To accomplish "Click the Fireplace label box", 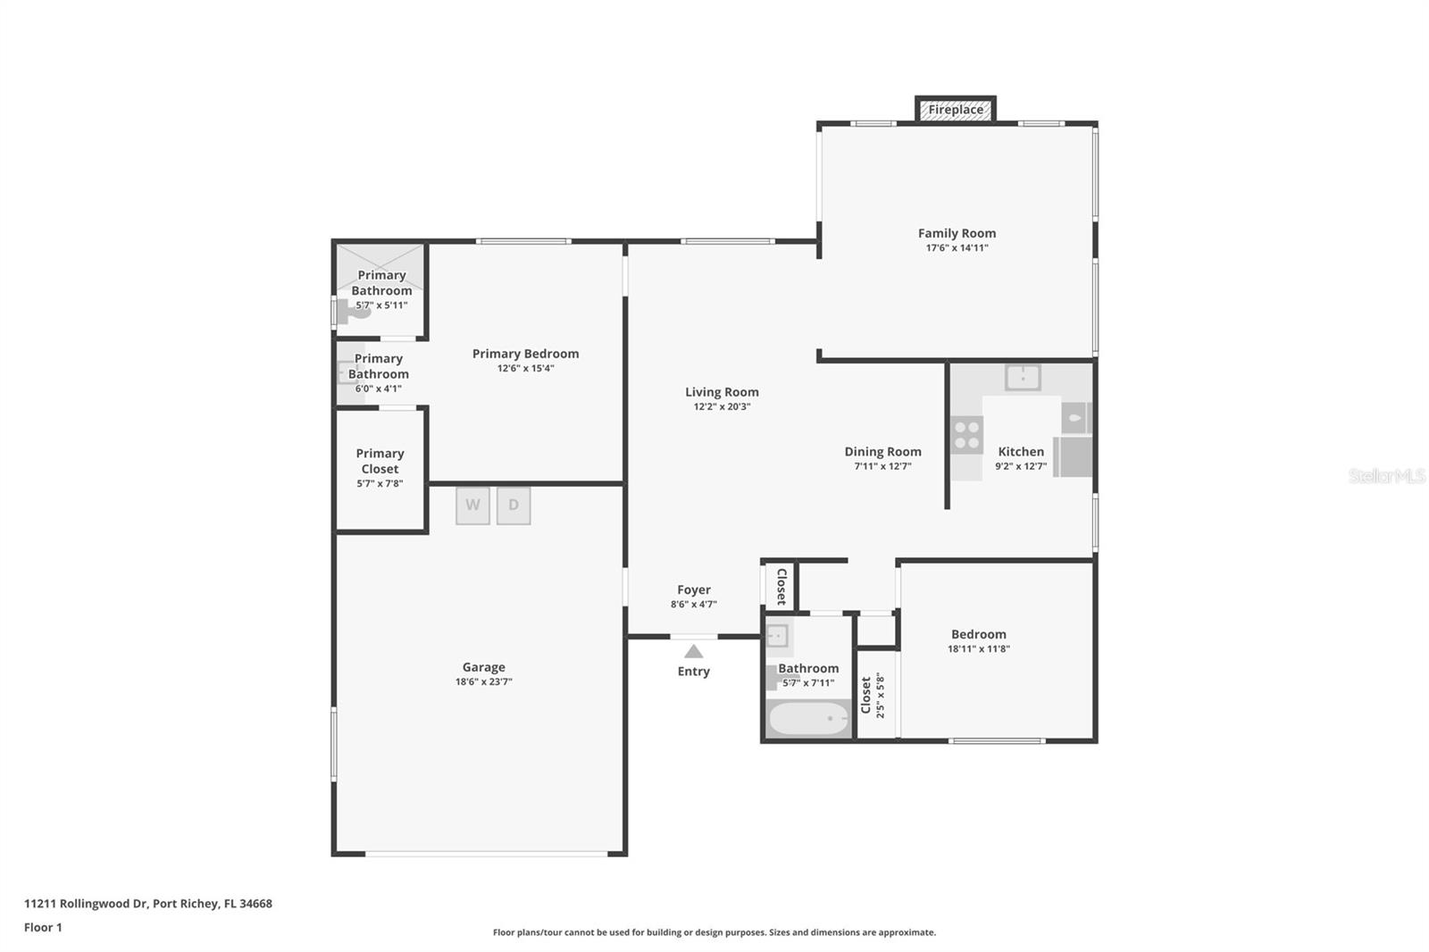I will pos(955,110).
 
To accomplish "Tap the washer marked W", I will pos(472,505).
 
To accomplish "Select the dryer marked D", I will pos(514,505).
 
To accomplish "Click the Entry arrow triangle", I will pos(693,652).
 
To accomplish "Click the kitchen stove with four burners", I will pos(966,435).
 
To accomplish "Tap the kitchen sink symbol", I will pos(1023,377).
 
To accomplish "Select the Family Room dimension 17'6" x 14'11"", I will pos(957,248).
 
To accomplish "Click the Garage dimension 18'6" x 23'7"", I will pos(483,682).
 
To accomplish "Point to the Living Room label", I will pos(722,392).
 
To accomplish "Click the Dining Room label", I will pos(882,452).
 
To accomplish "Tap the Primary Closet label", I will pos(380,461).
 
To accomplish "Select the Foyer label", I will pos(694,589).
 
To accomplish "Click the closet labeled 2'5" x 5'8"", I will pos(875,696).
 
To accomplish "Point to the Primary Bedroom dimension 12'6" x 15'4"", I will pos(525,368).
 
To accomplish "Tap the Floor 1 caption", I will pos(43,927).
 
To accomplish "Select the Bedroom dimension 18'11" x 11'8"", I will pos(978,649).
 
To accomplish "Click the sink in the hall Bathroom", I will pos(777,636).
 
